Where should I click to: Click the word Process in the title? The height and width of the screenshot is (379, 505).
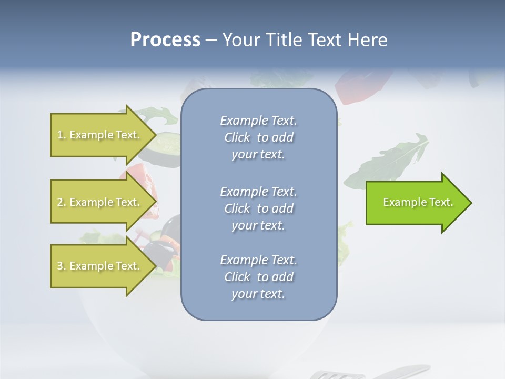(x=165, y=40)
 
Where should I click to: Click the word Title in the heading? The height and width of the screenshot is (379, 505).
(x=284, y=40)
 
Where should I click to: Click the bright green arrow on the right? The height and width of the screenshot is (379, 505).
(x=416, y=203)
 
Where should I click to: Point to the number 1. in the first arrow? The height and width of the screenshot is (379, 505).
(x=62, y=135)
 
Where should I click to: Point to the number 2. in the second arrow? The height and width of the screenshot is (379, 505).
(x=62, y=202)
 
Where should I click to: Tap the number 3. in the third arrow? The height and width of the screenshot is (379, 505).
(x=62, y=266)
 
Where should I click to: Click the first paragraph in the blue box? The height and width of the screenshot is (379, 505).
(x=258, y=137)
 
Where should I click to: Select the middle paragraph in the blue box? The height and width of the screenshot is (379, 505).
(x=258, y=208)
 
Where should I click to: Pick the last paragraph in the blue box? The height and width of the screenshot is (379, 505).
(x=258, y=277)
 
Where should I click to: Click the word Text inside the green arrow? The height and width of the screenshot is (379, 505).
(x=441, y=202)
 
